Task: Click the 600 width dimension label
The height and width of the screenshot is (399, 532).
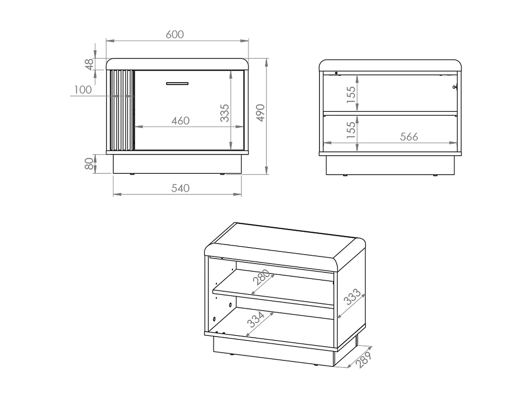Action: point(175,34)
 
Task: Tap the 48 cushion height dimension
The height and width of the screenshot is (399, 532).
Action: point(90,64)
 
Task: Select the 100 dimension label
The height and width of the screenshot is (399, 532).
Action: point(83,90)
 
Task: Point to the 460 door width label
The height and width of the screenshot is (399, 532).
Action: point(180,121)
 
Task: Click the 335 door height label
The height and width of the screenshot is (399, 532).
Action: point(225,113)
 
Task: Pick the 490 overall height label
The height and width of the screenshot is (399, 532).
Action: point(260,113)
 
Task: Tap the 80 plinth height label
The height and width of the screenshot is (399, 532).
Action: point(89,164)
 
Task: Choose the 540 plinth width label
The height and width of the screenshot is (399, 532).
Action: point(180,188)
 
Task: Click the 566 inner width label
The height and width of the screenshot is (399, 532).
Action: point(409,137)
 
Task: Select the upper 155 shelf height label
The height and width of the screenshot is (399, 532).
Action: point(350,94)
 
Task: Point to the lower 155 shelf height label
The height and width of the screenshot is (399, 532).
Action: point(350,129)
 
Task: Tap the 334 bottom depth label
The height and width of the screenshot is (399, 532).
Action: point(256,319)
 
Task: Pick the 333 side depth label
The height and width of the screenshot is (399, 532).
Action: point(352,297)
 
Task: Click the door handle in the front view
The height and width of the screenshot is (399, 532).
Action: point(177,84)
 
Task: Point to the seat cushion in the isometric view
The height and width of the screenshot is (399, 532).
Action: point(284,245)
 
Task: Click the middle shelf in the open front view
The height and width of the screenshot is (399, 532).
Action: point(390,113)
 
